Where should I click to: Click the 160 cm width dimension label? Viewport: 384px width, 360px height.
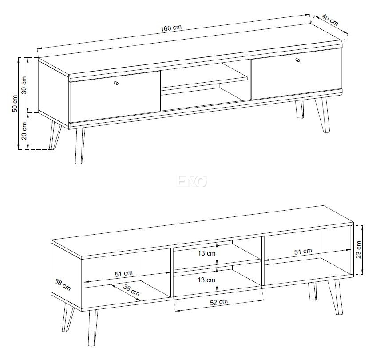pos(171,28)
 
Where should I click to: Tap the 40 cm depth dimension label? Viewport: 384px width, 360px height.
pos(330,20)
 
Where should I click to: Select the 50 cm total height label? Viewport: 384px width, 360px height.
pos(15,104)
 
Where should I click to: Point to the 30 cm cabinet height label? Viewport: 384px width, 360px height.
pos(24,85)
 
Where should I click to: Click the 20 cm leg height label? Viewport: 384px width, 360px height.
pos(24,131)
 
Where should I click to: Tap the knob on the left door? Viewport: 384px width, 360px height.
pos(116,83)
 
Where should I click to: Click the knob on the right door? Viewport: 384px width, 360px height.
pos(298,60)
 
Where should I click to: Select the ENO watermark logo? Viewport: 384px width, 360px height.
pos(192,181)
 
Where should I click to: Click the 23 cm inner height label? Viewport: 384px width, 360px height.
pos(359,250)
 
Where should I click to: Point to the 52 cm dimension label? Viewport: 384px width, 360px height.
pos(219,302)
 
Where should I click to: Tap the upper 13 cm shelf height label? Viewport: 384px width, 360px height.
pos(206,253)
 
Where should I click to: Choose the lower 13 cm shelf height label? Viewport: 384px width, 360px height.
pos(206,280)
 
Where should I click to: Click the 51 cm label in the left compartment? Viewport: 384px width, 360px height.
pos(124,273)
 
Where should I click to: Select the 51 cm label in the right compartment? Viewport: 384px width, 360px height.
pos(303,252)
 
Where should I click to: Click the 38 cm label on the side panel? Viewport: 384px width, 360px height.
pos(63,285)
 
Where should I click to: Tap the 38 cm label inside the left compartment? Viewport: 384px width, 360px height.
pos(131,290)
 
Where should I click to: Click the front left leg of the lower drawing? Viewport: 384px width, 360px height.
pos(93,328)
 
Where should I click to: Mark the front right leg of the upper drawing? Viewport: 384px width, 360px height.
pos(323,115)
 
